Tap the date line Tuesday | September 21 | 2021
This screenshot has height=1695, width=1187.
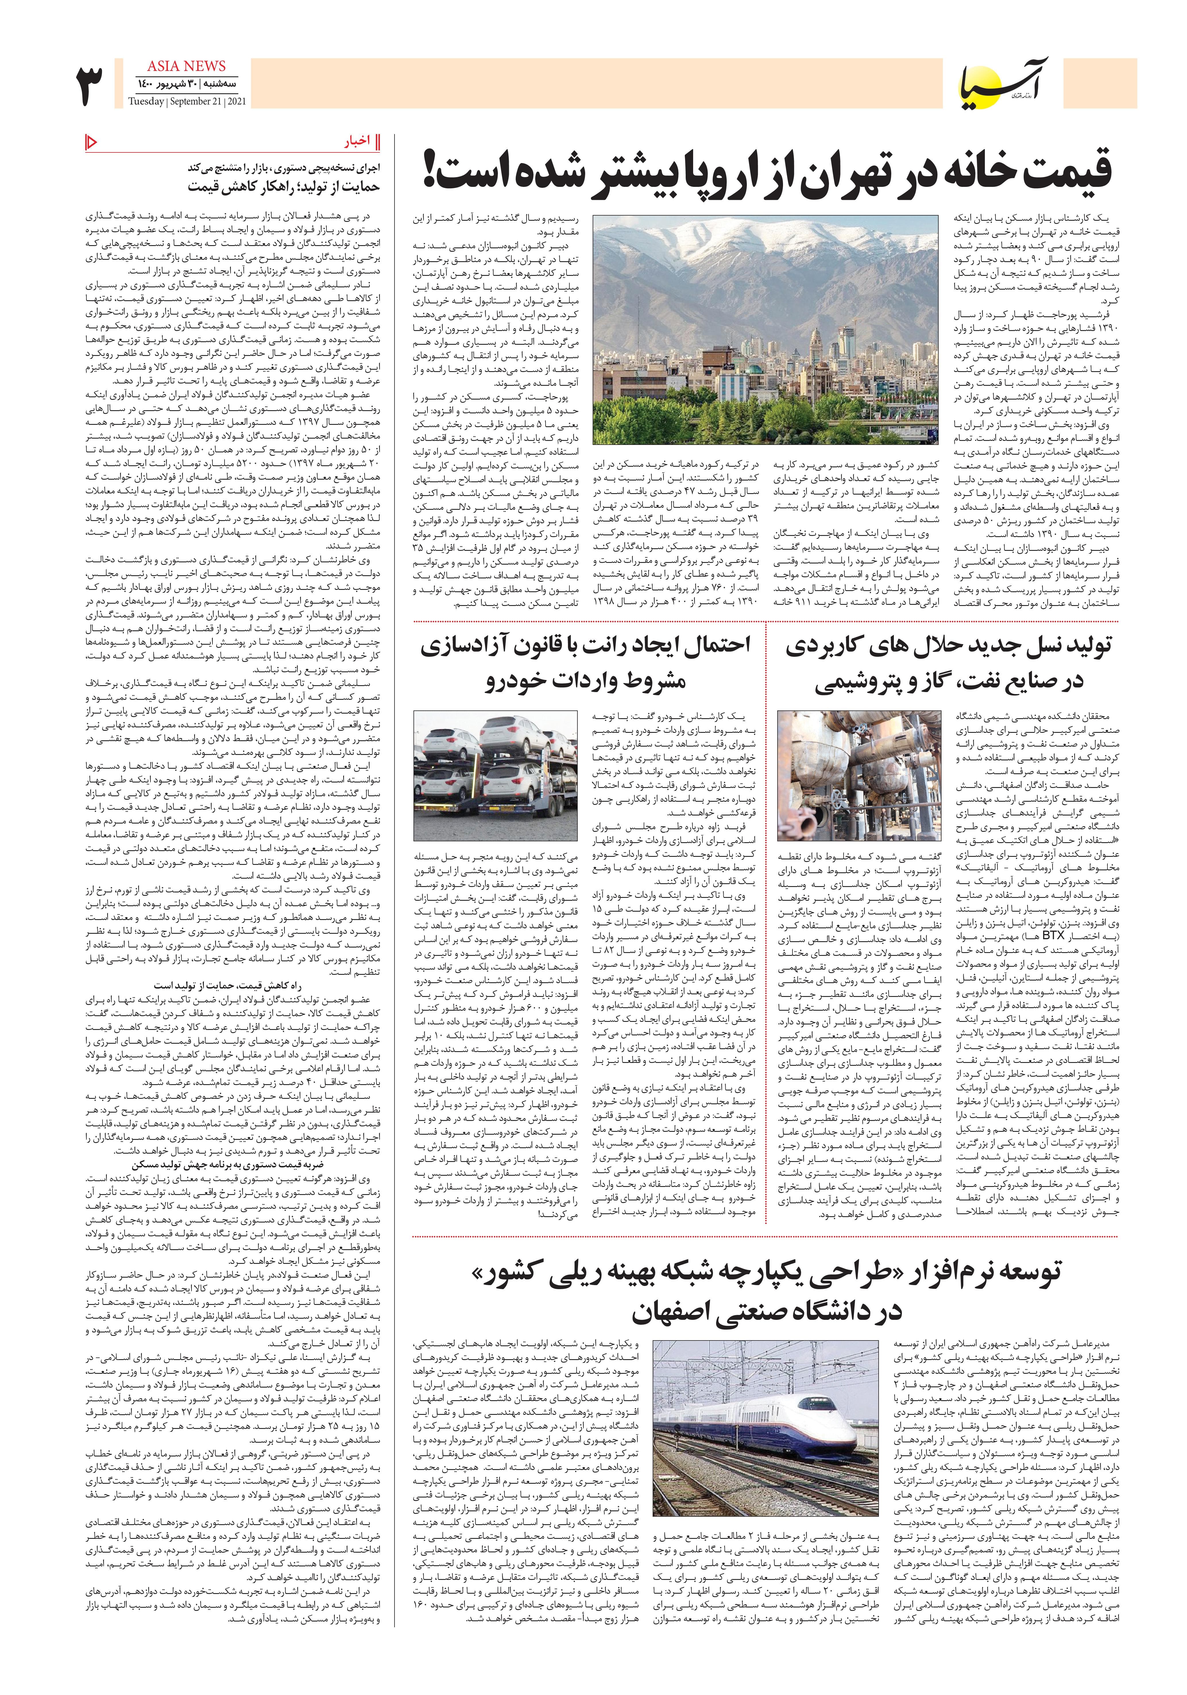click(187, 101)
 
